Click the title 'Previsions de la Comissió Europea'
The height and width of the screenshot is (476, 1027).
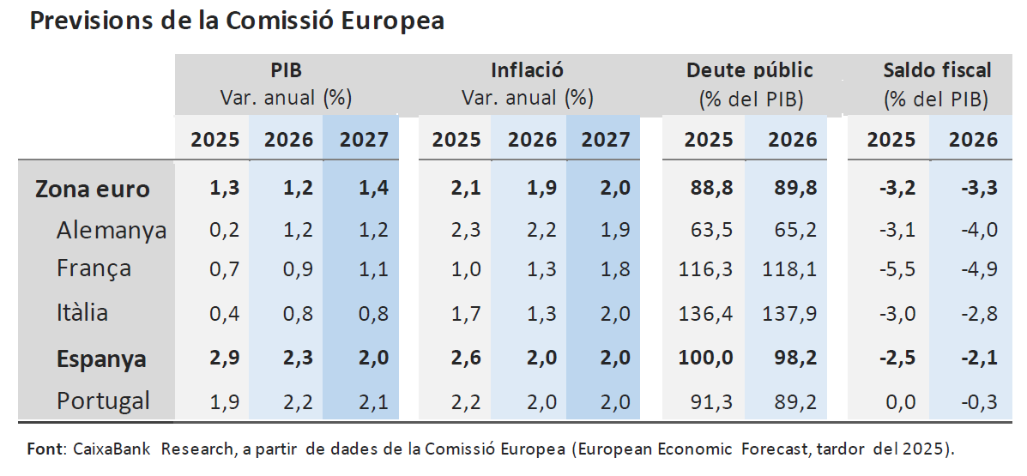237,21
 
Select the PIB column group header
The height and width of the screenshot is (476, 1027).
287,70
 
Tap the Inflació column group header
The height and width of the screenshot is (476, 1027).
527,70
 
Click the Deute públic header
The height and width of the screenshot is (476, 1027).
750,70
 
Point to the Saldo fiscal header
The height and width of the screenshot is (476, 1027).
937,70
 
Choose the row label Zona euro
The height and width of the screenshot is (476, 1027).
93,189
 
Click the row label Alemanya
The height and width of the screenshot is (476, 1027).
112,230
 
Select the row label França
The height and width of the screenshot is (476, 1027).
94,268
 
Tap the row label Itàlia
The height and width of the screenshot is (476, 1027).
82,312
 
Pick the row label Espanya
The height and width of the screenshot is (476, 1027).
101,359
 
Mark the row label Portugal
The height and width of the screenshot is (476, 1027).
103,401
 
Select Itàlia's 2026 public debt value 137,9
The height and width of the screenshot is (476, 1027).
788,313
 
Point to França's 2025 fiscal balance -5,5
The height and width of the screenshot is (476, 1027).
890,269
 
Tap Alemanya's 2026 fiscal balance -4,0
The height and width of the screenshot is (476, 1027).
973,230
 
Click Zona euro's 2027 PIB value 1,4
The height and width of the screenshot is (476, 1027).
371,189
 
